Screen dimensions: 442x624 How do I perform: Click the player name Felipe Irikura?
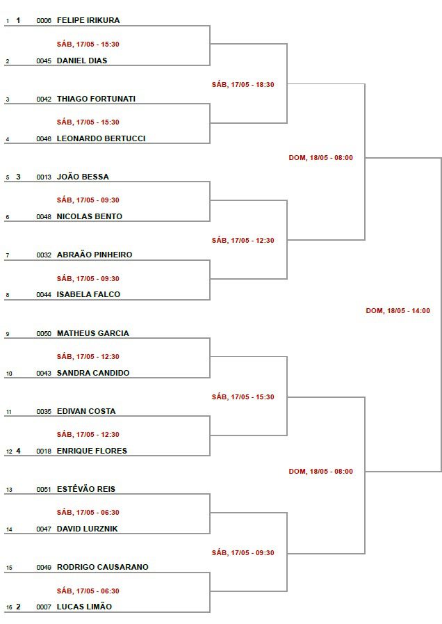point(88,20)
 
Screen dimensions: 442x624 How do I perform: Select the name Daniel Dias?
point(82,61)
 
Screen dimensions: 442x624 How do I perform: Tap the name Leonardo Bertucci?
point(101,138)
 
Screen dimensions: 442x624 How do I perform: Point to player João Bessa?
point(83,177)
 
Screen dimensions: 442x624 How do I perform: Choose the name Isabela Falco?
point(88,294)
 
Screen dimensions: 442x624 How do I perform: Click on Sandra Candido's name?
point(93,373)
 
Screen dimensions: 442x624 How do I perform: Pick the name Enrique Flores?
point(92,451)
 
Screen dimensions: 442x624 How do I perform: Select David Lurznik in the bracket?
point(87,529)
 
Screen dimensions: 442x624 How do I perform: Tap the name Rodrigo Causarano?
point(103,567)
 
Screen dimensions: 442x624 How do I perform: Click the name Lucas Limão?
point(84,607)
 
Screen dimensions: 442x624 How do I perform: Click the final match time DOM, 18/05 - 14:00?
point(398,311)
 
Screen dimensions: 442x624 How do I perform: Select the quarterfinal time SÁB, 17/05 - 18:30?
point(243,84)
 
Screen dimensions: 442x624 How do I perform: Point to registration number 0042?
point(44,99)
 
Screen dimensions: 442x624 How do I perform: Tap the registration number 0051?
point(44,490)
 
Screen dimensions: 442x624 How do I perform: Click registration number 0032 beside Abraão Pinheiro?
point(44,255)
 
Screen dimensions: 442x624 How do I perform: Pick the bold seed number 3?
point(18,177)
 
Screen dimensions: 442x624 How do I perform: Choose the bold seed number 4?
point(18,451)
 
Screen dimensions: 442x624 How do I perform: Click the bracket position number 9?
point(8,334)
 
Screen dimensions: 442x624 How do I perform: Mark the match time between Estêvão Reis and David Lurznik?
point(88,512)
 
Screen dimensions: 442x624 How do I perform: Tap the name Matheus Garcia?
point(93,333)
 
